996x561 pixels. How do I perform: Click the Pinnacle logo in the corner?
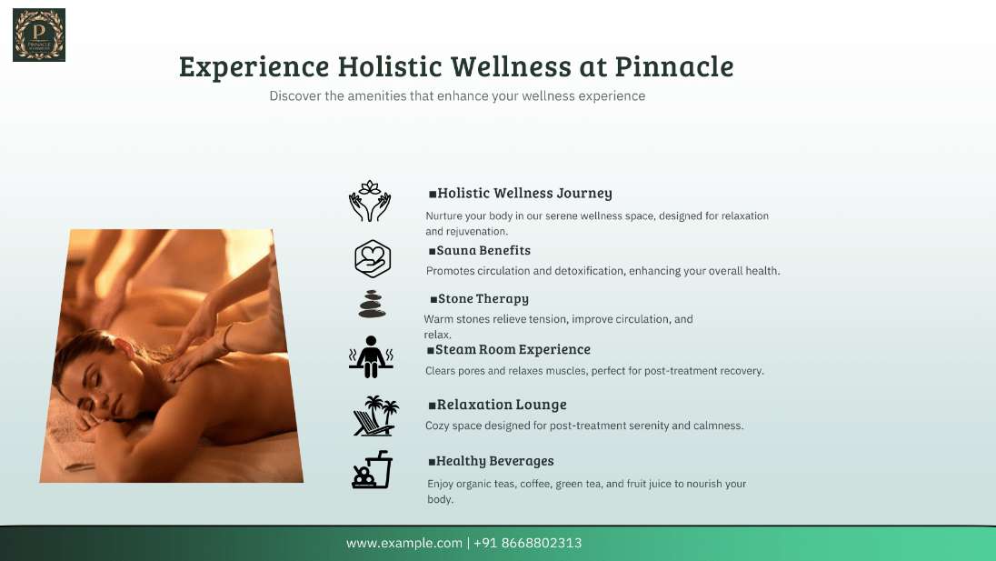39,35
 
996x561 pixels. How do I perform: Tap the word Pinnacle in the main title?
674,66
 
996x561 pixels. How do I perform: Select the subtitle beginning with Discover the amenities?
457,96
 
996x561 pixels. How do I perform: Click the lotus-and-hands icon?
370,201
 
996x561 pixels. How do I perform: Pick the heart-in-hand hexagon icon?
373,258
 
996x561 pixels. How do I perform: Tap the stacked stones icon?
373,305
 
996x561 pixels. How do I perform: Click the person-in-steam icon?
371,357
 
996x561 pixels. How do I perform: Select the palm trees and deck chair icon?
375,416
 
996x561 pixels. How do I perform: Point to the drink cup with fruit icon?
373,469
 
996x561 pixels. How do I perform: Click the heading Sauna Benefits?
483,250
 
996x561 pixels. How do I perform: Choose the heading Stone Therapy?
483,298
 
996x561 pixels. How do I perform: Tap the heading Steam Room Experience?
513,349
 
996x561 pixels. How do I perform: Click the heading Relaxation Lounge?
502,405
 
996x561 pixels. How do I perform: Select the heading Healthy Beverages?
495,461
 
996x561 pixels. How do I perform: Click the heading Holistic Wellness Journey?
524,193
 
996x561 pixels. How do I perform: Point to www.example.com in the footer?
404,543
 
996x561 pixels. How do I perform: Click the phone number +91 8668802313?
527,543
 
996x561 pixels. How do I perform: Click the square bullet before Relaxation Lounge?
432,406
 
